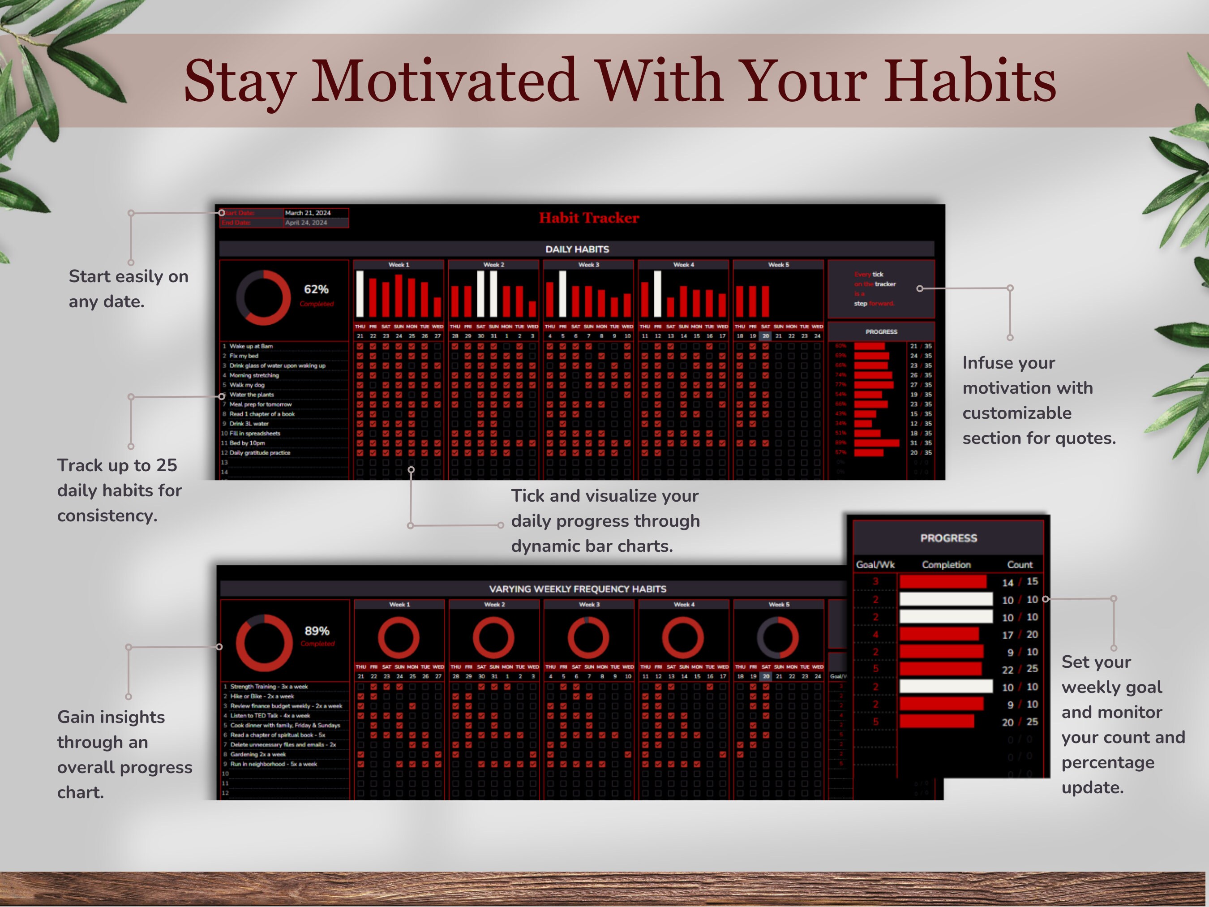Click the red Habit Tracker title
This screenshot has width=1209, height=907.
tap(589, 218)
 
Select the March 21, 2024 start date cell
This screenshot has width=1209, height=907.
tap(308, 213)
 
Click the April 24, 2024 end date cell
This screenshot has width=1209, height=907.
tap(306, 223)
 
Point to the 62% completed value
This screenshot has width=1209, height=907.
tap(316, 289)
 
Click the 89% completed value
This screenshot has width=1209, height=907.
tap(317, 631)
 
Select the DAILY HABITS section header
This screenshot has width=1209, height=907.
tap(577, 249)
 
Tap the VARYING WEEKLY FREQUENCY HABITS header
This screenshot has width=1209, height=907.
tap(577, 589)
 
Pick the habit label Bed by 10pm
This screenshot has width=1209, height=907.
tap(247, 443)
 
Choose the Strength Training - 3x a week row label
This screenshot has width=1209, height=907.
tap(269, 686)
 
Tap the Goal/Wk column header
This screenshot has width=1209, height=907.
tap(875, 565)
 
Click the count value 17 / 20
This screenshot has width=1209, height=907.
tap(1020, 635)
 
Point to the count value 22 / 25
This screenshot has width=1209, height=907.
tap(1020, 669)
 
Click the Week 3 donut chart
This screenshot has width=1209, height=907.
tap(588, 637)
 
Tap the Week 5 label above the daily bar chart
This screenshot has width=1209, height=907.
tap(778, 265)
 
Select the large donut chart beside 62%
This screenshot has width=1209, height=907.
tap(263, 297)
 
